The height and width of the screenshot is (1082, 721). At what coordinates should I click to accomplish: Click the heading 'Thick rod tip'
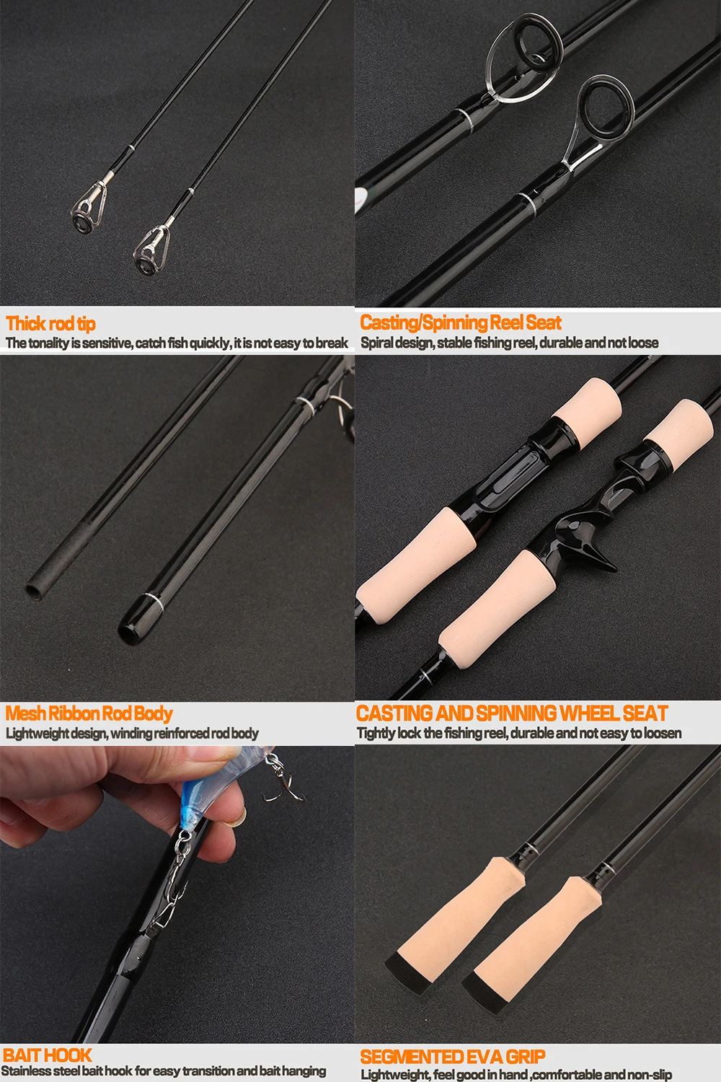pyautogui.click(x=50, y=324)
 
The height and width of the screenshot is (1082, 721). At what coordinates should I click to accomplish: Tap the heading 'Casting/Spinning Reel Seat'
pyautogui.click(x=461, y=322)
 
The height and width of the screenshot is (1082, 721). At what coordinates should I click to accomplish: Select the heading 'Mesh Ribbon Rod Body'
pyautogui.click(x=89, y=713)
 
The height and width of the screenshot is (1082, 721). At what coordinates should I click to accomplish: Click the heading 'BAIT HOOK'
pyautogui.click(x=48, y=1055)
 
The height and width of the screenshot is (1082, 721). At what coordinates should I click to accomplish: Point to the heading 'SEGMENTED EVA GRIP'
pyautogui.click(x=453, y=1057)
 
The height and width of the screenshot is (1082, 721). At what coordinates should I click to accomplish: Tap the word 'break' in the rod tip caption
pyautogui.click(x=332, y=343)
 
